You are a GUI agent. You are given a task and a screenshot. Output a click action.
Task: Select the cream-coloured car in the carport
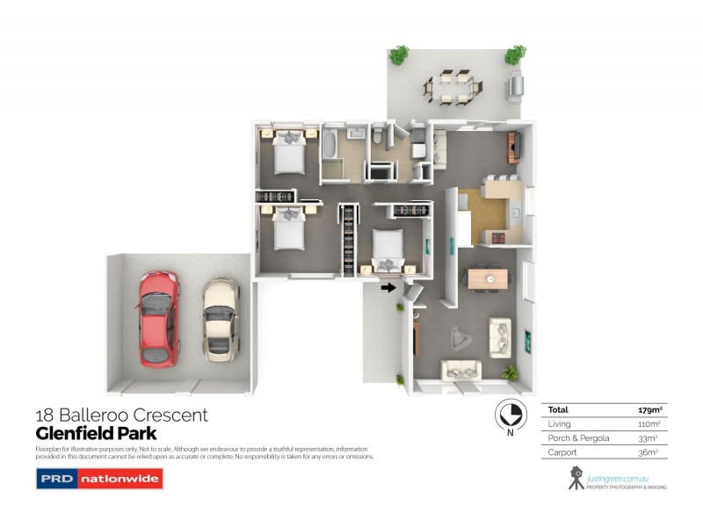pyautogui.click(x=221, y=319)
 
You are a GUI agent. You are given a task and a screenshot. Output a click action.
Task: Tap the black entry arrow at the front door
pyautogui.click(x=388, y=286)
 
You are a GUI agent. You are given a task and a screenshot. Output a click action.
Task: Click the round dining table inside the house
pyautogui.click(x=487, y=278)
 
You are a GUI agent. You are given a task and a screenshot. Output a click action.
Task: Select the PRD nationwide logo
pyautogui.click(x=86, y=479)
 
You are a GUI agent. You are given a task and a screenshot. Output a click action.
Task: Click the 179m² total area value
pyautogui.click(x=649, y=409)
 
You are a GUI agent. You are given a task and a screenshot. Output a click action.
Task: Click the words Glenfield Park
pyautogui.click(x=96, y=433)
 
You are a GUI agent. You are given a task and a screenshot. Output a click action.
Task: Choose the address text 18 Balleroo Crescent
pyautogui.click(x=121, y=415)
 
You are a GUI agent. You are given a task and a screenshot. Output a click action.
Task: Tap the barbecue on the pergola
pyautogui.click(x=514, y=86)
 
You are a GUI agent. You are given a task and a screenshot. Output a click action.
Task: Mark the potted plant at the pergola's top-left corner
pyautogui.click(x=399, y=54)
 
